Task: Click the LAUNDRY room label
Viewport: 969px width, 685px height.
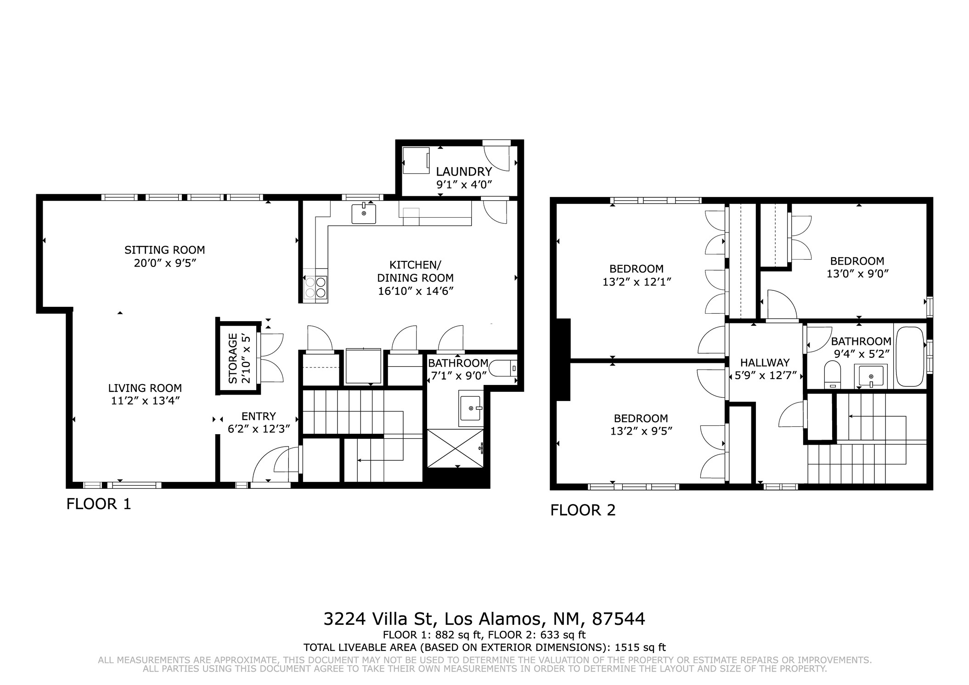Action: click(x=464, y=172)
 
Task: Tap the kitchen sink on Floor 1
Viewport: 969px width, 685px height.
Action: click(x=364, y=214)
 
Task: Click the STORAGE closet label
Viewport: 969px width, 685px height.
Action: click(x=233, y=358)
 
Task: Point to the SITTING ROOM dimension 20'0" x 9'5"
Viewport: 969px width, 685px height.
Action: click(x=165, y=263)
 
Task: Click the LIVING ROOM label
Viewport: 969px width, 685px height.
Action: click(x=145, y=388)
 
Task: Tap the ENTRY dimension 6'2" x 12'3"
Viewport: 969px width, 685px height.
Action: click(x=259, y=429)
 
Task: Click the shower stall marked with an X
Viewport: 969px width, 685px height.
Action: click(x=456, y=448)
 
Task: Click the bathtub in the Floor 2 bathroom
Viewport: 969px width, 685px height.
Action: click(x=909, y=357)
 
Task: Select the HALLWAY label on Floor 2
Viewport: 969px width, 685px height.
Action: click(x=765, y=362)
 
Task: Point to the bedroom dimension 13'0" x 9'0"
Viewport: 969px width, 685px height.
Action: click(x=857, y=274)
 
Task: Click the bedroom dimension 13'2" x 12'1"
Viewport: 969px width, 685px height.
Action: click(x=637, y=282)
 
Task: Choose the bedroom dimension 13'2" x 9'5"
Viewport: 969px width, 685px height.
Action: click(x=641, y=431)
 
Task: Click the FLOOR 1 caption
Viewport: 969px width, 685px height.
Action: click(x=99, y=504)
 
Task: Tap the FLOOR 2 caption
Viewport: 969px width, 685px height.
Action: click(x=583, y=510)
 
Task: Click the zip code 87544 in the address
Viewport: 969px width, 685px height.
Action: click(x=619, y=619)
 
